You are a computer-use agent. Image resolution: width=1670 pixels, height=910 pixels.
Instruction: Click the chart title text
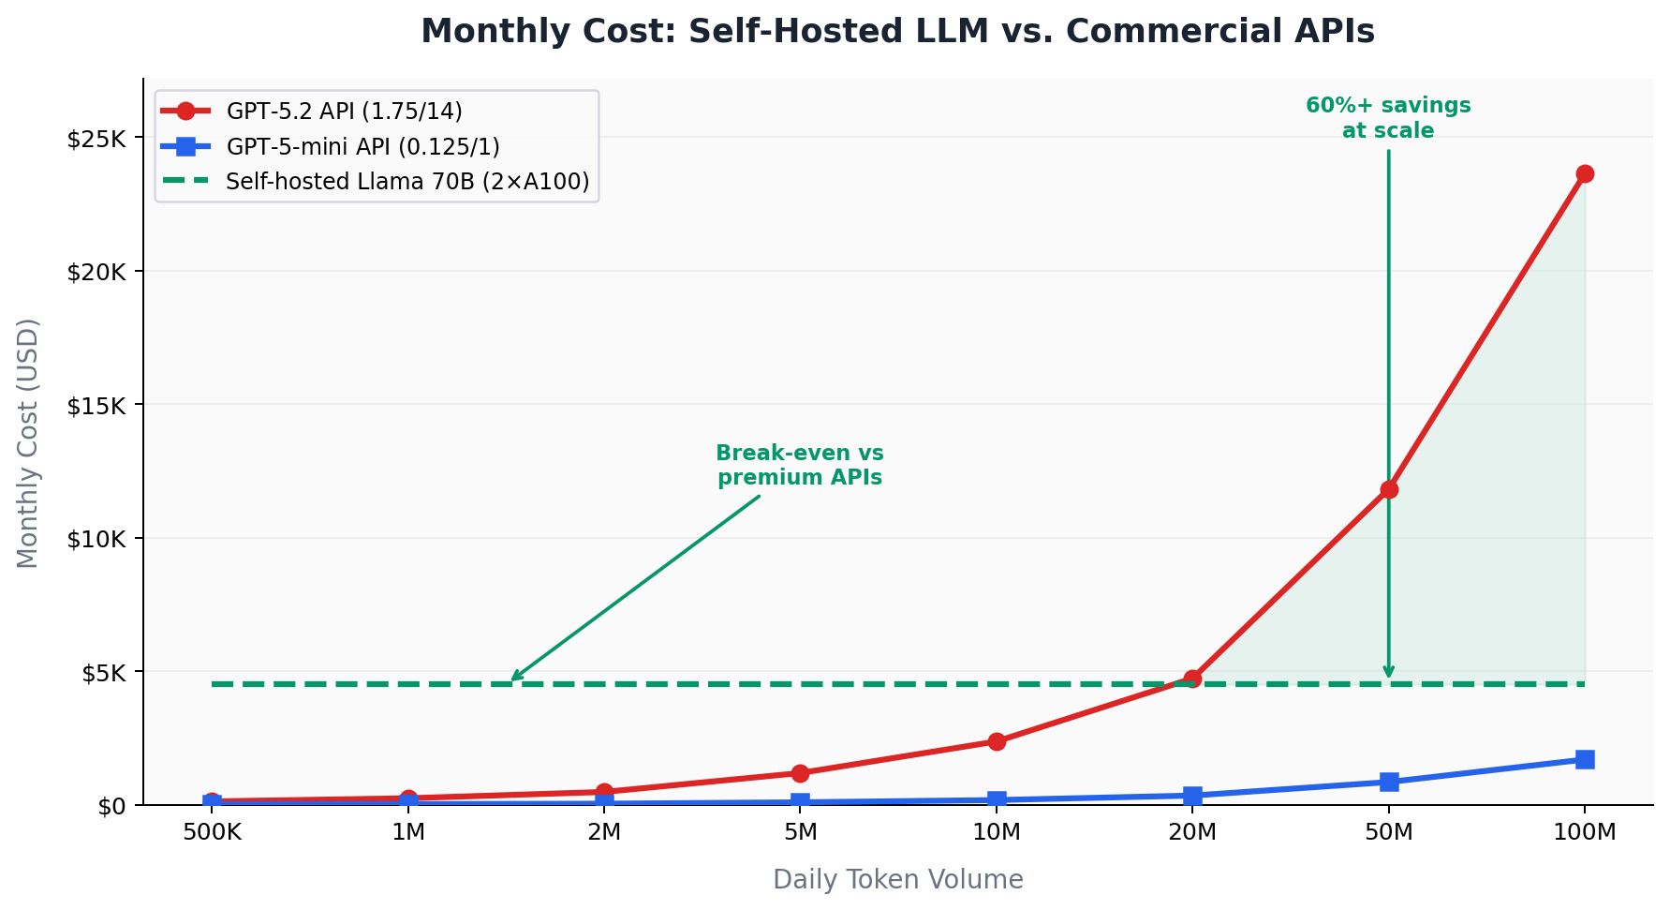[x=897, y=32]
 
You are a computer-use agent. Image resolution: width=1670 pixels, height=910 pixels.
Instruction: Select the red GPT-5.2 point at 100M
[x=1585, y=174]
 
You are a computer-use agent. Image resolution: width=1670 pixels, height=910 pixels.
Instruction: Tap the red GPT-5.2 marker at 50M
[x=1389, y=489]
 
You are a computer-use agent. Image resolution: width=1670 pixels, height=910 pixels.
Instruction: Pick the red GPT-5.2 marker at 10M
[x=997, y=741]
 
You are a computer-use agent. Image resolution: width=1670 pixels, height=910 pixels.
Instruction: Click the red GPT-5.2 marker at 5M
[x=800, y=773]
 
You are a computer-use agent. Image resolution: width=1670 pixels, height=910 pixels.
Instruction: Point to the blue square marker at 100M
[x=1585, y=759]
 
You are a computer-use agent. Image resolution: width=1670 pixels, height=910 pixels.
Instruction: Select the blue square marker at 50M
[x=1389, y=782]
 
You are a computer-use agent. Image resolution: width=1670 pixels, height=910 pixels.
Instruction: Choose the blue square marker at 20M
[x=1192, y=796]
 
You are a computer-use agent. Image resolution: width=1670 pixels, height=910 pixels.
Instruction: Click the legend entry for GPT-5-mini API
[x=362, y=147]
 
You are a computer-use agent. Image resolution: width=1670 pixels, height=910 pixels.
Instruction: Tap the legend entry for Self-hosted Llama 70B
[x=407, y=182]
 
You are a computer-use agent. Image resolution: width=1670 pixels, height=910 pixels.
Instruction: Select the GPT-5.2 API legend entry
[x=344, y=112]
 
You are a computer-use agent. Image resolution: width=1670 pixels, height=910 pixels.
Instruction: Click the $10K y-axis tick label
[x=96, y=540]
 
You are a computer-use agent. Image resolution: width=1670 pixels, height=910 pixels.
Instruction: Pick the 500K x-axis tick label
[x=212, y=832]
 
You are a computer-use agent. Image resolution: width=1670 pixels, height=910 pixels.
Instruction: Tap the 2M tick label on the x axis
[x=604, y=832]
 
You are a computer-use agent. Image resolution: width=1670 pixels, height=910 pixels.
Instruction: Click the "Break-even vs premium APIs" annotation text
[x=800, y=466]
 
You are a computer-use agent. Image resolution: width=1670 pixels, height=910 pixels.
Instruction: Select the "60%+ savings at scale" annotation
[x=1388, y=119]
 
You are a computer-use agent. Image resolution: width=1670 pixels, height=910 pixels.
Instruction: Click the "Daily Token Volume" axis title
[x=897, y=880]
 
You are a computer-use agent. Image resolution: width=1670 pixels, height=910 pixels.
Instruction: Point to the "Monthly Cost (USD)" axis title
[x=29, y=443]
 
